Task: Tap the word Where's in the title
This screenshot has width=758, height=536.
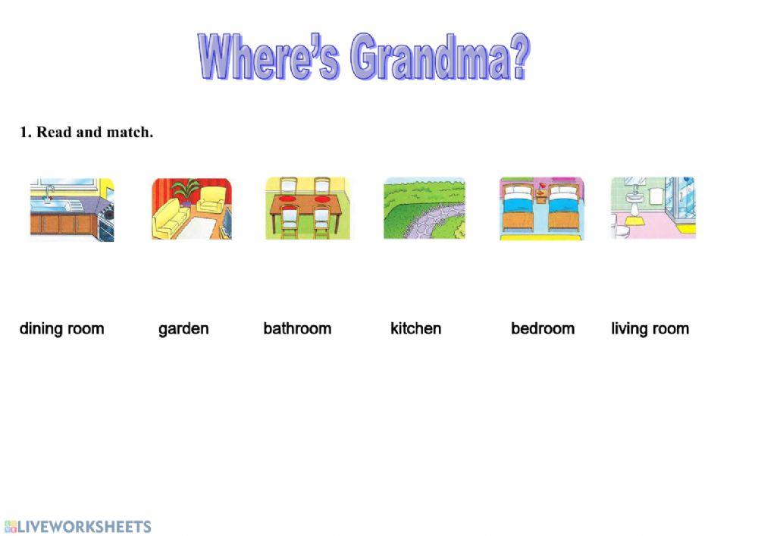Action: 269,56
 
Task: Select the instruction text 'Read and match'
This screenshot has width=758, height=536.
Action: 95,132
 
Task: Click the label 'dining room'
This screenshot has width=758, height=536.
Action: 62,329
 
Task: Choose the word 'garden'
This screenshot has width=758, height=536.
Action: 183,330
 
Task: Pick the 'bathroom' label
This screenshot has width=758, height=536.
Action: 297,329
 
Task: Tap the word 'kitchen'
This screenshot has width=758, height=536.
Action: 415,329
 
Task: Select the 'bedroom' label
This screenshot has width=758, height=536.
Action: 543,329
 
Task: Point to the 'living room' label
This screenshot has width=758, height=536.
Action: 650,329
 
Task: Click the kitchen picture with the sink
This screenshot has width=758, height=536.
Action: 72,209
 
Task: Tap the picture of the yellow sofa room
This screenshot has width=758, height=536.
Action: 192,208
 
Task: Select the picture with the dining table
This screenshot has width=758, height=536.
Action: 308,208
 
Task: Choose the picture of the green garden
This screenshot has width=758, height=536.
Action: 424,208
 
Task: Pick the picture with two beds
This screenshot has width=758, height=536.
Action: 541,208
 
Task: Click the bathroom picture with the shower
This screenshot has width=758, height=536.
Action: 653,208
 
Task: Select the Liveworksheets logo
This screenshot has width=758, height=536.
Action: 78,526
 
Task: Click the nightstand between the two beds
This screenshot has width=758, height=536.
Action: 541,196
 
